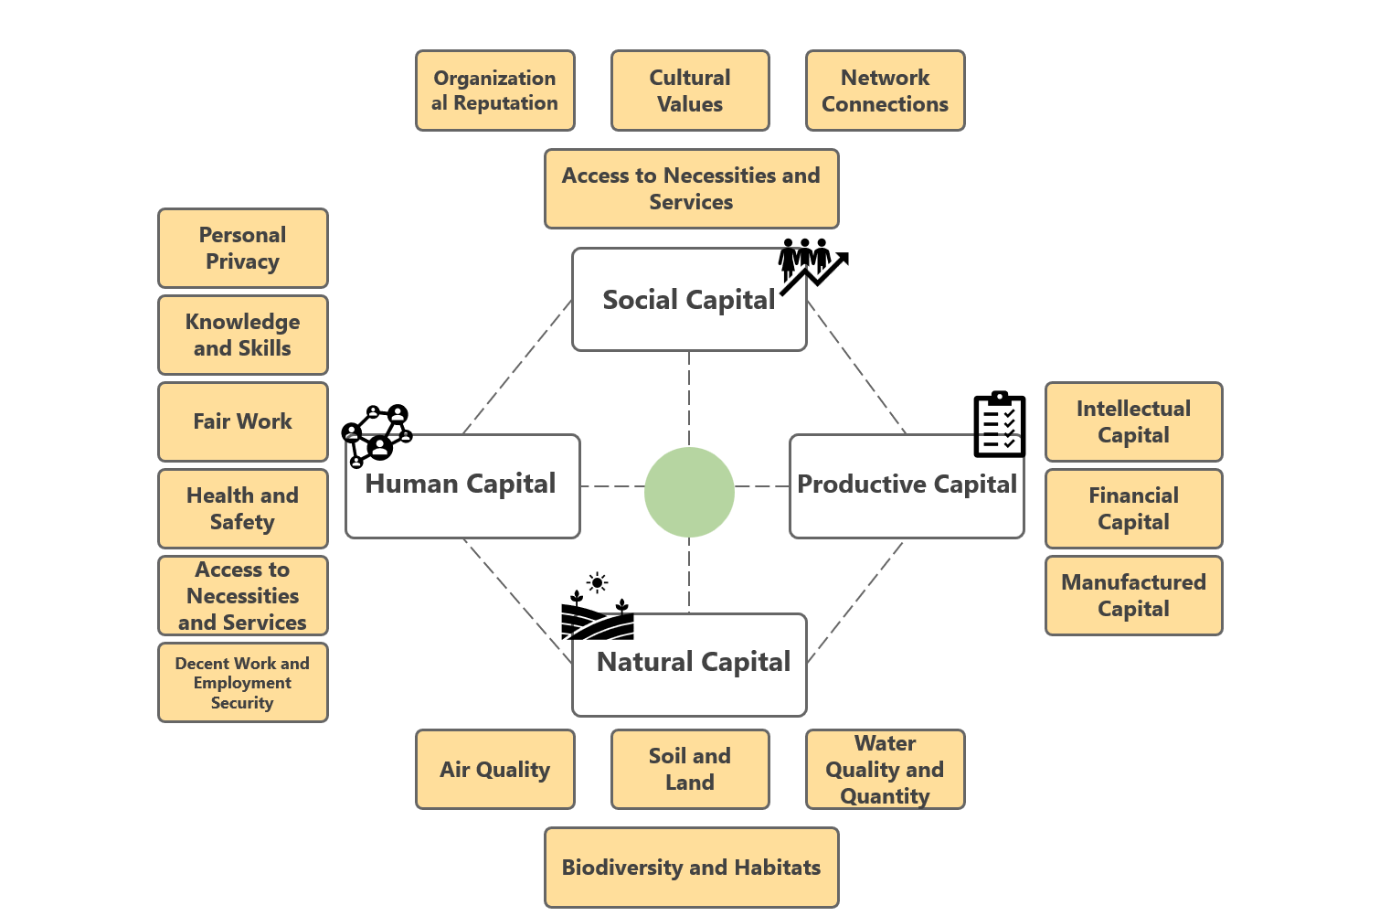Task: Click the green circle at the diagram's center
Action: (x=689, y=492)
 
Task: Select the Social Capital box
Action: (x=689, y=300)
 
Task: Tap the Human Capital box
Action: (x=462, y=485)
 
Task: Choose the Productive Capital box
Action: (x=907, y=485)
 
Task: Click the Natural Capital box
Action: (x=689, y=665)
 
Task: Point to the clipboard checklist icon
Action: (x=1000, y=425)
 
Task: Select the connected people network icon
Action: (x=377, y=435)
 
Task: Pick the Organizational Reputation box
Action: (x=494, y=91)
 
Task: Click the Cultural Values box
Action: (x=690, y=91)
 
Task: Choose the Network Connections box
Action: (x=885, y=91)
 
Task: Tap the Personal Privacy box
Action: (x=242, y=248)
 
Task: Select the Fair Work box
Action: (x=242, y=421)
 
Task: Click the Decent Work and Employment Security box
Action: (x=242, y=683)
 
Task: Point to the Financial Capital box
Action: (x=1133, y=508)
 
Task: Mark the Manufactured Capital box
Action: (x=1133, y=595)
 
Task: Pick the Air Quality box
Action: (x=494, y=769)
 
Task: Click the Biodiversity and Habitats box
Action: (x=691, y=868)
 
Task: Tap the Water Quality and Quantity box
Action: (x=885, y=769)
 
